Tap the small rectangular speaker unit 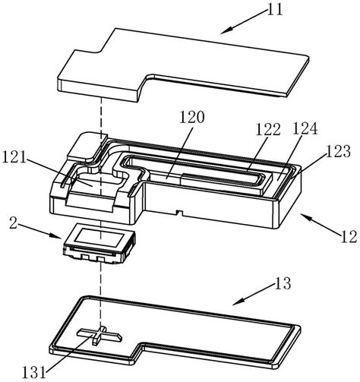point(97,246)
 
